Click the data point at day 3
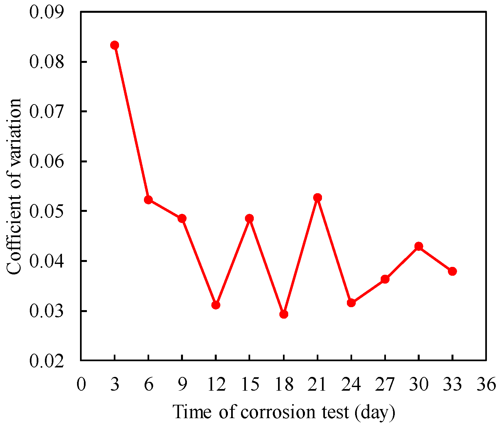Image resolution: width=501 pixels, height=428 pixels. [x=114, y=45]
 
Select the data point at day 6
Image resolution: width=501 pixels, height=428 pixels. [x=148, y=200]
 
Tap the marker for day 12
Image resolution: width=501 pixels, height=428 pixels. [x=216, y=305]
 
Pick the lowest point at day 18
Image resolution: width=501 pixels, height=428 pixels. [x=284, y=314]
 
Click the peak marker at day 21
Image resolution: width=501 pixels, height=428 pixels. [x=317, y=197]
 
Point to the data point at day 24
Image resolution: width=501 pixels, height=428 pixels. [x=351, y=303]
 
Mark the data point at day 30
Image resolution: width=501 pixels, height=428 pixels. [x=419, y=246]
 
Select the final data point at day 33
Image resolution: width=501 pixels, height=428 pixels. [x=452, y=271]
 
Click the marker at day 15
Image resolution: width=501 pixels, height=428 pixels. [x=250, y=218]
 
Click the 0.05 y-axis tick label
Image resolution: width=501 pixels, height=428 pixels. [x=47, y=211]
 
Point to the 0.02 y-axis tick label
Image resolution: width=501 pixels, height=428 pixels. [x=47, y=361]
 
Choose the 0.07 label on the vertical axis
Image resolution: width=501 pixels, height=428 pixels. [x=47, y=112]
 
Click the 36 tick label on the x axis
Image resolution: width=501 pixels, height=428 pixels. [x=486, y=384]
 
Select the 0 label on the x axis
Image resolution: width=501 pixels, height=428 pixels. [x=81, y=384]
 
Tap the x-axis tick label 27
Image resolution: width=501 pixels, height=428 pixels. [x=385, y=384]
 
